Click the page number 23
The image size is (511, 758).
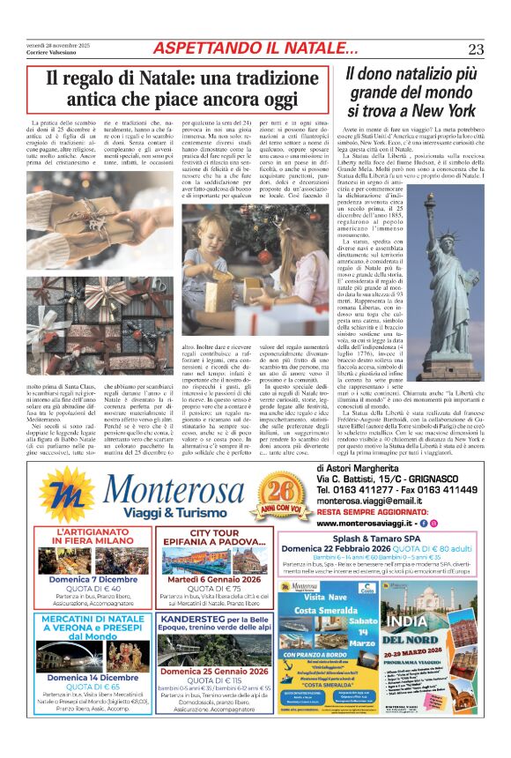tap(476, 49)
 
